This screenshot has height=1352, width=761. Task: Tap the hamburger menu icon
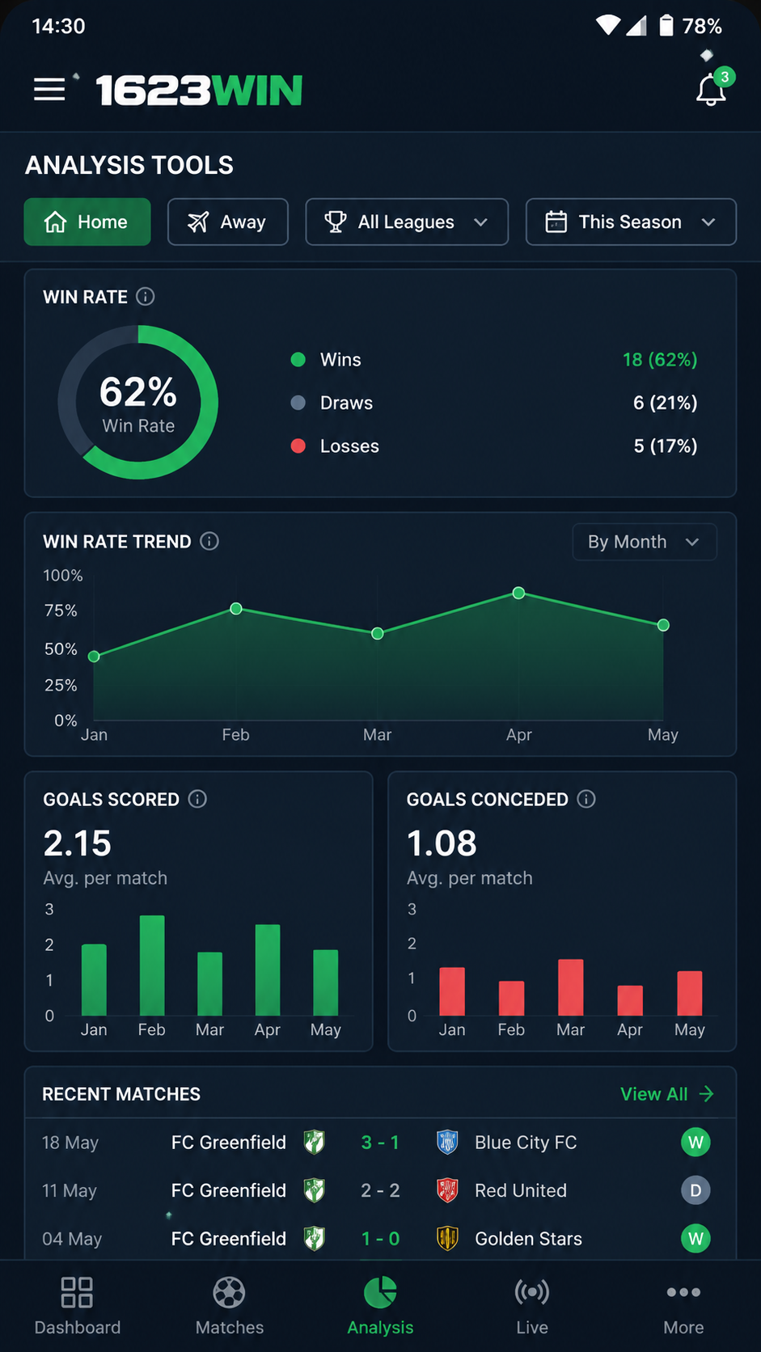(x=49, y=89)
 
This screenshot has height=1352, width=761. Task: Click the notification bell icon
(x=711, y=91)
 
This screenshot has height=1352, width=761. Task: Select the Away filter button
(x=227, y=222)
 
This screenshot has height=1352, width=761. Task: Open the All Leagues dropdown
(x=407, y=222)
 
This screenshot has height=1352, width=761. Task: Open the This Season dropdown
(x=631, y=222)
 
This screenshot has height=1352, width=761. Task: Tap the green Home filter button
(x=87, y=222)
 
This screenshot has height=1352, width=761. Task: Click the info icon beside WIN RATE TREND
(x=209, y=542)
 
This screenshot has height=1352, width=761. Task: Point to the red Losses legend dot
(x=298, y=446)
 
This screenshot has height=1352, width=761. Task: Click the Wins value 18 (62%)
(x=660, y=360)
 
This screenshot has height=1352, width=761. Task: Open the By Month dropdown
(x=645, y=542)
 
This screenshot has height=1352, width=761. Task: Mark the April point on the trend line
(x=518, y=594)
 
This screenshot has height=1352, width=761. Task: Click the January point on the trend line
(x=94, y=657)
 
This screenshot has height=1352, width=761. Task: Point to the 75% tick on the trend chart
(x=61, y=611)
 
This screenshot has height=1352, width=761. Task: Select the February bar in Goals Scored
(x=152, y=965)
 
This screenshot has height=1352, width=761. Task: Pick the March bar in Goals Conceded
(x=570, y=987)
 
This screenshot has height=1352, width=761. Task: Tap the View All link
(x=667, y=1094)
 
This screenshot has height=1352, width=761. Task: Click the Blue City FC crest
(x=447, y=1143)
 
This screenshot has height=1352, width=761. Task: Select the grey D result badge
(x=695, y=1190)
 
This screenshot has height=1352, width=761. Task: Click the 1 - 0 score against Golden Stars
(x=380, y=1239)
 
